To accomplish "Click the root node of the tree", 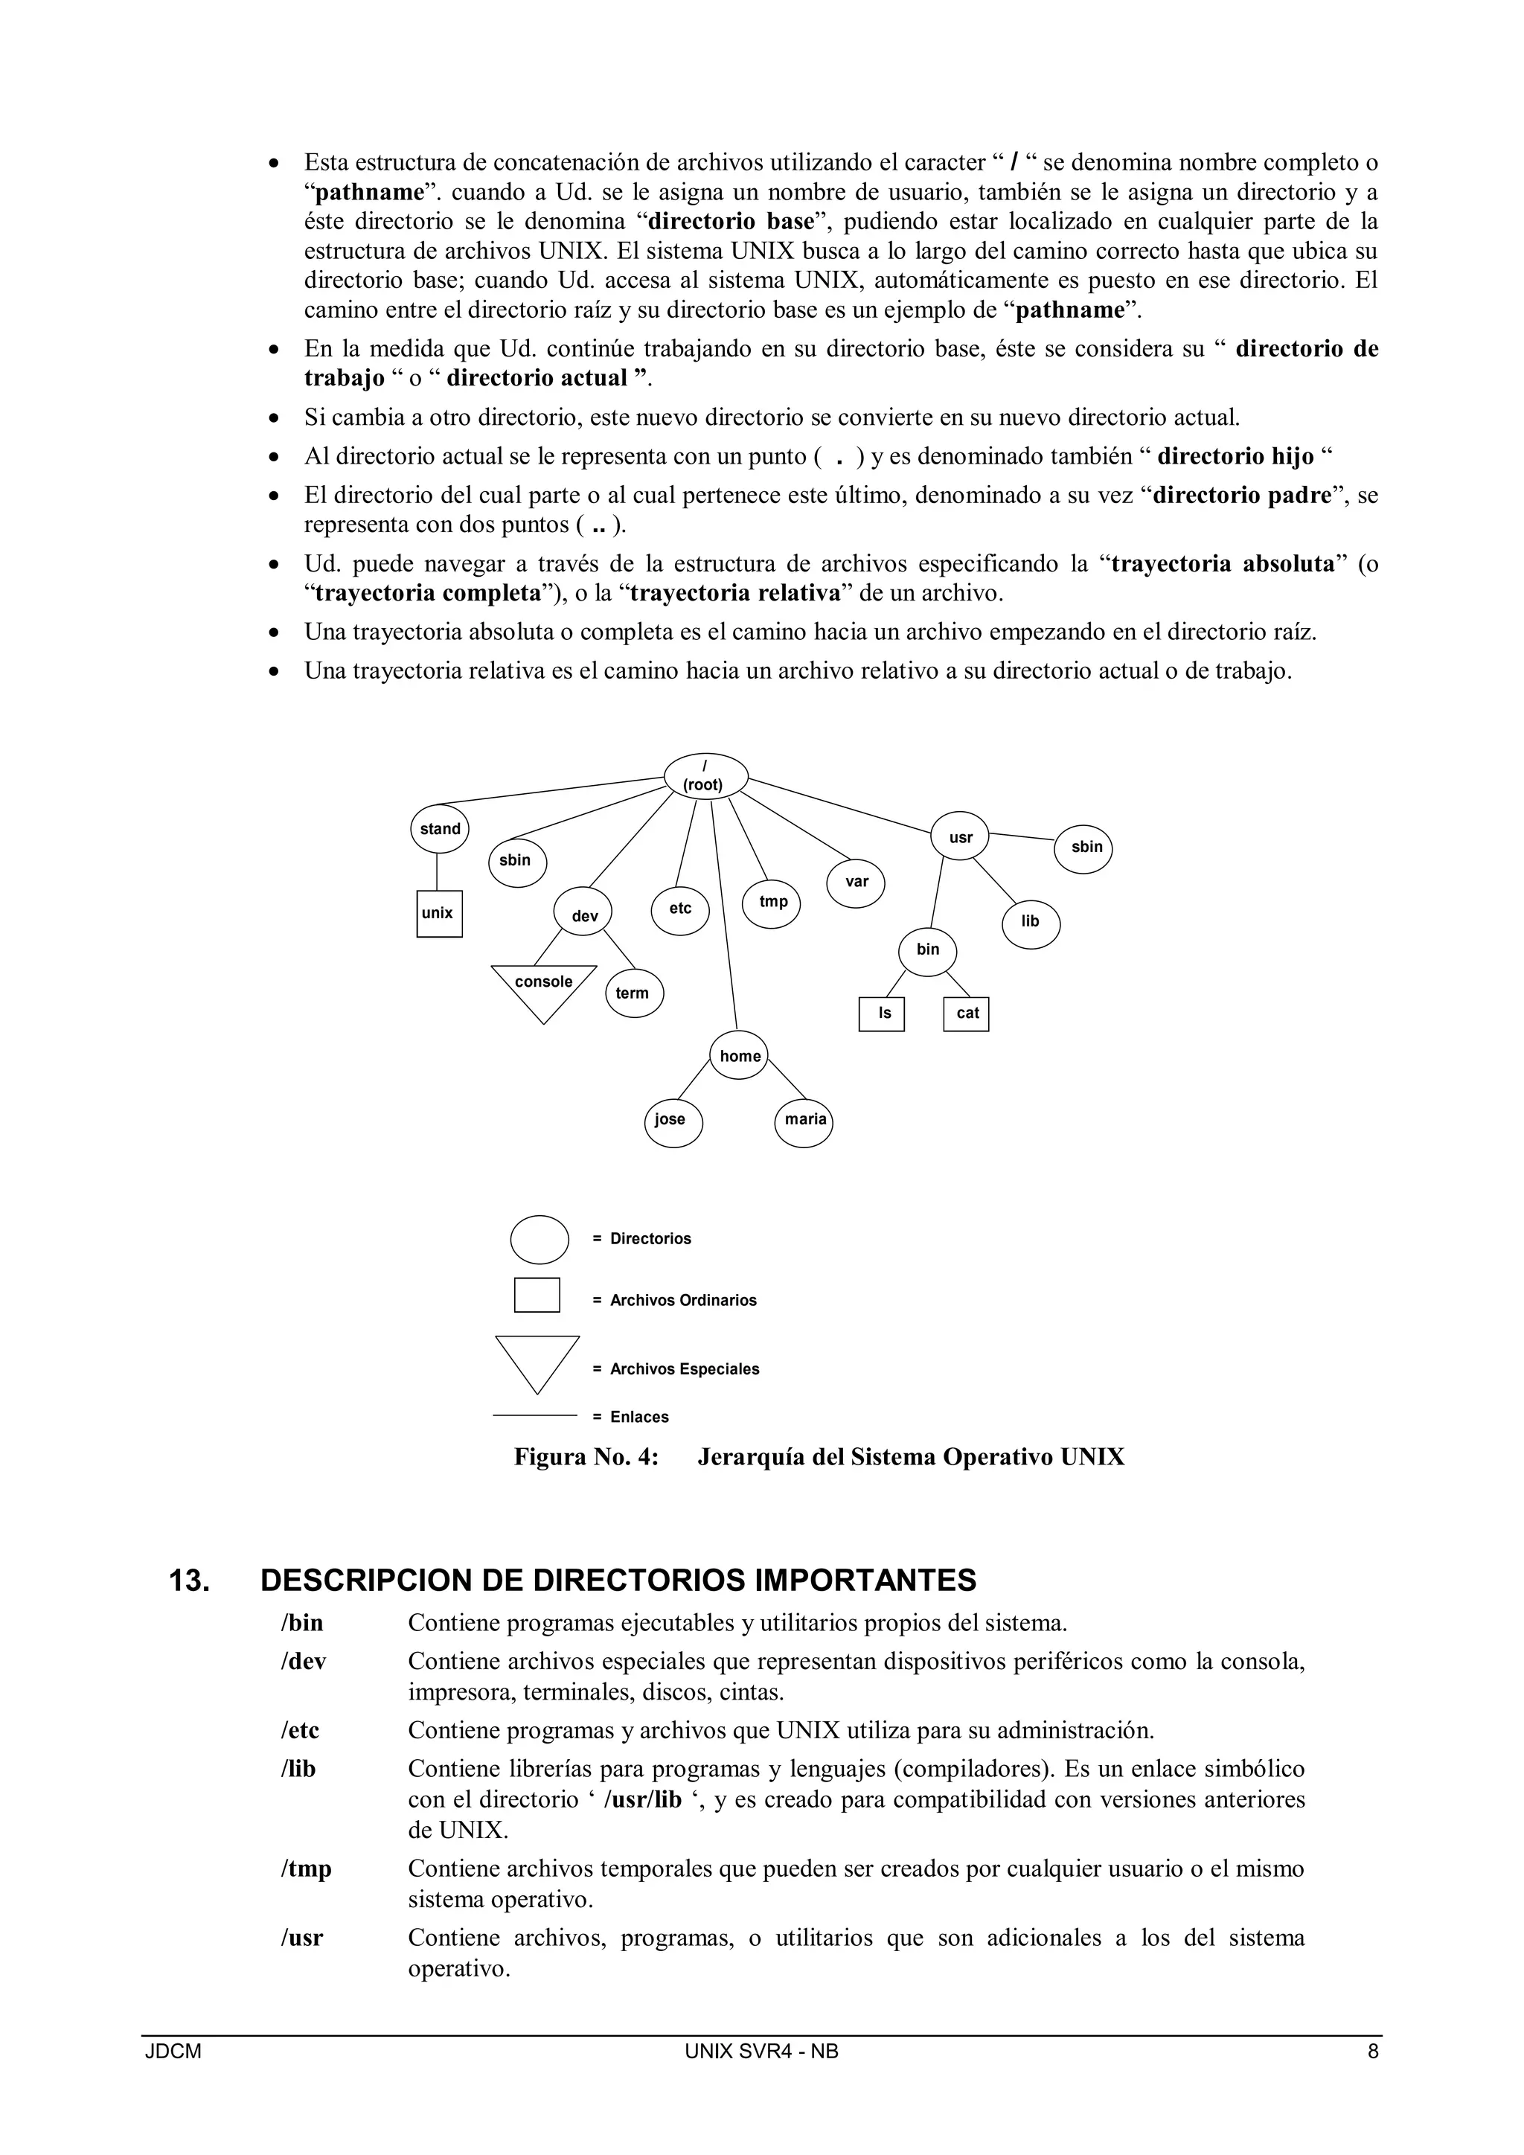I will pos(705,776).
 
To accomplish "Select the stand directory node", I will pos(440,829).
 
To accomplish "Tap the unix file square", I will pos(439,913).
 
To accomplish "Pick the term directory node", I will pos(633,993).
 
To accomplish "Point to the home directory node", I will pos(740,1056).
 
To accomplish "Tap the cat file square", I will pos(967,1014).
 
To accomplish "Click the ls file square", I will pos(882,1014).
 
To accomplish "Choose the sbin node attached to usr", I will pos(1085,847).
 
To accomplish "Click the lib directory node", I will pos(1031,922).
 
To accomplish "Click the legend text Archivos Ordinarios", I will pos(682,1300).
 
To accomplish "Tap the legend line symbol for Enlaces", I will pos(535,1415).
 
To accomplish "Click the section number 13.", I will pos(188,1581).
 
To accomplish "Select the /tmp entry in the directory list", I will pos(306,1869).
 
